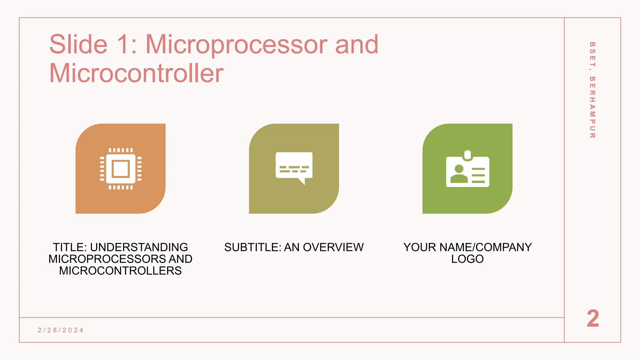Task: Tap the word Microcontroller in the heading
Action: (x=136, y=73)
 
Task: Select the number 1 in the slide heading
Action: (x=122, y=44)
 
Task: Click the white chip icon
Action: (x=121, y=169)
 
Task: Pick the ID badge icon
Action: (x=467, y=170)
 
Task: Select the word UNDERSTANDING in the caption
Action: (x=139, y=247)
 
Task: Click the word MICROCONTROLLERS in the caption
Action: (x=120, y=271)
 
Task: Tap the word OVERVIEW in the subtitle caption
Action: (x=333, y=247)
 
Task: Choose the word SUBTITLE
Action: (x=252, y=247)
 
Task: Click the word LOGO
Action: (x=467, y=259)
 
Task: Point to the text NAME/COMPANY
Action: (x=485, y=247)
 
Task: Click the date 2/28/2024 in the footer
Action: (x=61, y=330)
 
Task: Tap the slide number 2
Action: (x=593, y=319)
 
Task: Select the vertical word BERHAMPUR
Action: (x=592, y=107)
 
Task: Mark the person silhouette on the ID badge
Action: (x=459, y=174)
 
